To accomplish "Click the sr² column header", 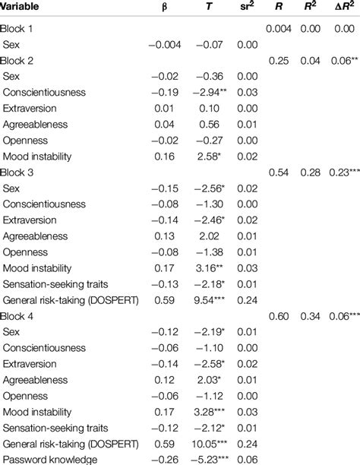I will pyautogui.click(x=248, y=8).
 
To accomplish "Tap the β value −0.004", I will pyautogui.click(x=166, y=45).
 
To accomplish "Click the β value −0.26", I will pyautogui.click(x=169, y=460).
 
